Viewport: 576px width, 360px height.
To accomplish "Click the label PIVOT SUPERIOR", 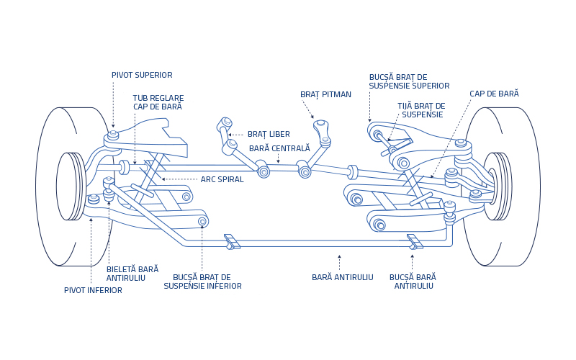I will pos(142,75).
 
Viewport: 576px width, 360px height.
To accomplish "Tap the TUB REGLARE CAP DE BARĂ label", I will pos(158,102).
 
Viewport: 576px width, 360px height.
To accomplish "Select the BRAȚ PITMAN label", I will pos(325,94).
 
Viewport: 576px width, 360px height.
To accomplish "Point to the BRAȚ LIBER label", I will pos(269,134).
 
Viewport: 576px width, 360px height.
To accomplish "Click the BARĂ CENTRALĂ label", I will pos(279,148).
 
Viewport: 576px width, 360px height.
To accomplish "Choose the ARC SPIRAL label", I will pos(222,179).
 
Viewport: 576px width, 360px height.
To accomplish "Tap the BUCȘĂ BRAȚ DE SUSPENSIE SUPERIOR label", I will pos(409,81).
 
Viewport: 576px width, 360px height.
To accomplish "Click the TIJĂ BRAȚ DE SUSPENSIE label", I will pos(421,110).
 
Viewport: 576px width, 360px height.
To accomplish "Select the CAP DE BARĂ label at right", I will pos(494,94).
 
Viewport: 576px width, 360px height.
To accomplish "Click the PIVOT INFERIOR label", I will pos(93,290).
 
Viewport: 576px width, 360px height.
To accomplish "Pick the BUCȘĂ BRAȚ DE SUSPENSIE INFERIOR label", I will pos(202,282).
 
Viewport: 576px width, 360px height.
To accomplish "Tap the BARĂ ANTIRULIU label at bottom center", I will pos(342,277).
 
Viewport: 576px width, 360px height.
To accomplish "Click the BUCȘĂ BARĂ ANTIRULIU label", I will pos(413,282).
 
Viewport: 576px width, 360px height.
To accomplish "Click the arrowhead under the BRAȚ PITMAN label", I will pos(312,117).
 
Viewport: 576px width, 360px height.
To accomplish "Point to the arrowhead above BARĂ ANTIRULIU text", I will pos(339,256).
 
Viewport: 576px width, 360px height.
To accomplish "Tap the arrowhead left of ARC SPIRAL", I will pos(163,179).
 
